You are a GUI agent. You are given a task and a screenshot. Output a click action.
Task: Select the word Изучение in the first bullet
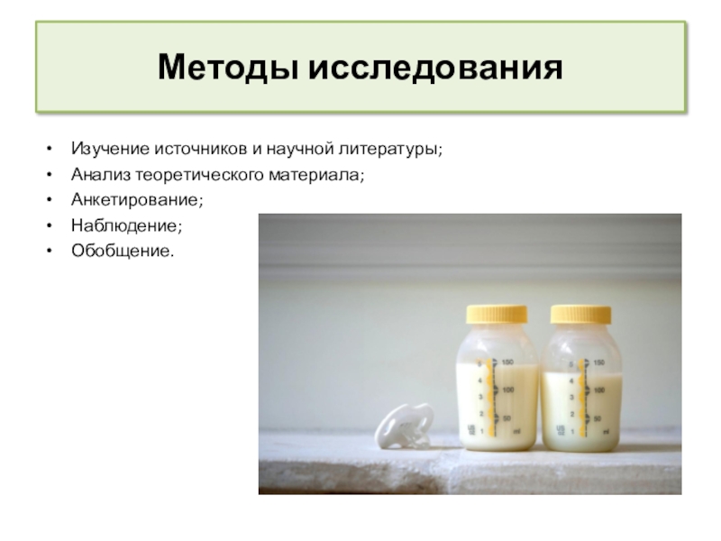point(105,147)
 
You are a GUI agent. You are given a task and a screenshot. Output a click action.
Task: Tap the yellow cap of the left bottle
point(497,314)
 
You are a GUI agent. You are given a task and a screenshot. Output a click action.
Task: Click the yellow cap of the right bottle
point(580,314)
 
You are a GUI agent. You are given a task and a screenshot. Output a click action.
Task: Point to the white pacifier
point(400,426)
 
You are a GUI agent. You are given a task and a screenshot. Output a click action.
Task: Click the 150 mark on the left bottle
point(508,362)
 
